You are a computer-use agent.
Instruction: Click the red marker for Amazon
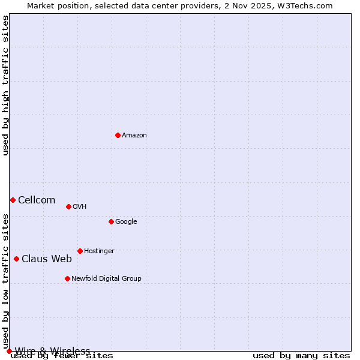[x=118, y=135]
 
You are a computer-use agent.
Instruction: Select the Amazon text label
[x=134, y=136]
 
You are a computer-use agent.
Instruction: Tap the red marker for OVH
[x=68, y=206]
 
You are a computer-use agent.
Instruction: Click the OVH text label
[x=80, y=207]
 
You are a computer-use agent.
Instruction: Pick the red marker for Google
[x=111, y=221]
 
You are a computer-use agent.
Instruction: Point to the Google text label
[x=126, y=222]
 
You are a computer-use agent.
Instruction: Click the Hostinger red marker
[x=80, y=251]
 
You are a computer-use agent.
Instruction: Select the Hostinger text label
[x=99, y=251]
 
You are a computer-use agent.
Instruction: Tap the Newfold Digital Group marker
[x=67, y=278]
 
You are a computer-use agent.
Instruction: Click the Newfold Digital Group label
[x=106, y=279]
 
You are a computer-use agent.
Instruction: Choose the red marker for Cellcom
[x=13, y=200]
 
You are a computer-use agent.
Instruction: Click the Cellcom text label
[x=37, y=200]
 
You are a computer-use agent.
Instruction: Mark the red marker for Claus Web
[x=16, y=259]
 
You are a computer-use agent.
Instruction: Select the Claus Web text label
[x=47, y=259]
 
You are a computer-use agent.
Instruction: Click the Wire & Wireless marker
[x=9, y=351]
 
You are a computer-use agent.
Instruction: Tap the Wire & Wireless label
[x=53, y=351]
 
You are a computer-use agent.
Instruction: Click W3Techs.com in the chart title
[x=309, y=5]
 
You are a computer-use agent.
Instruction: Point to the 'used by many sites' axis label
[x=301, y=356]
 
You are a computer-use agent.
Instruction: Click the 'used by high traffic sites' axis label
[x=6, y=85]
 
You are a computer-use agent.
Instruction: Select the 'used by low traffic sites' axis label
[x=6, y=281]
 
